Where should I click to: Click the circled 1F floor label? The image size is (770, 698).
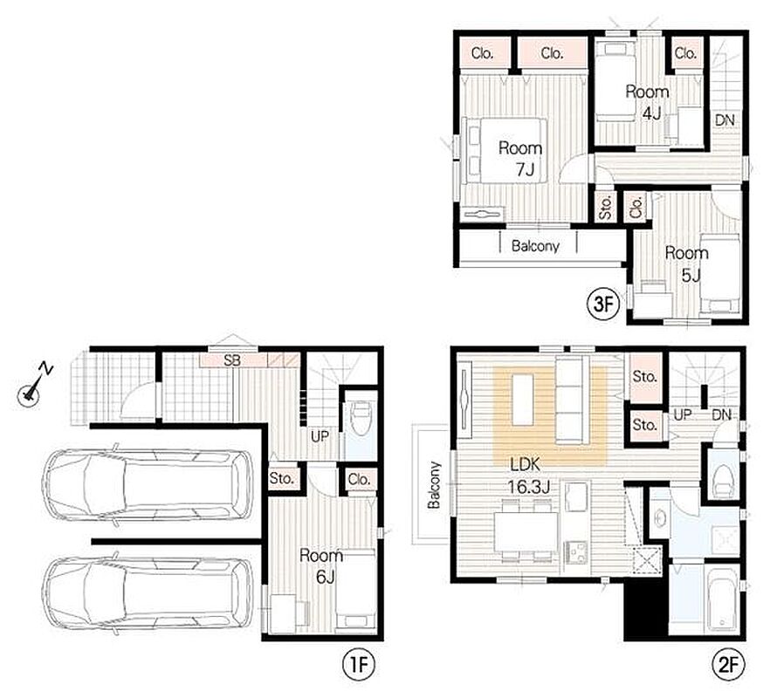point(359,666)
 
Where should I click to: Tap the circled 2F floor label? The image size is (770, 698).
point(729,666)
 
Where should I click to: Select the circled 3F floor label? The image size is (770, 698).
point(603,305)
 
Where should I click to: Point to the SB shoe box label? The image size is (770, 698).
point(232,361)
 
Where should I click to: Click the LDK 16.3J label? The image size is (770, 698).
point(527,476)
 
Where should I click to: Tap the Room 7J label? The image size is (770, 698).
point(521,158)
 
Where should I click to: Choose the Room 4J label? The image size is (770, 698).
point(648,103)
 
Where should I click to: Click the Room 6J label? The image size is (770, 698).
point(321,566)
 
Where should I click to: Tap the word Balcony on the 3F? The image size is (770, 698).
point(535,245)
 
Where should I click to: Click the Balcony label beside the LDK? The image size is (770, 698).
point(434,485)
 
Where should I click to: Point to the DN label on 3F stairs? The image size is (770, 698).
point(725,120)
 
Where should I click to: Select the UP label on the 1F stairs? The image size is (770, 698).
point(320,435)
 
